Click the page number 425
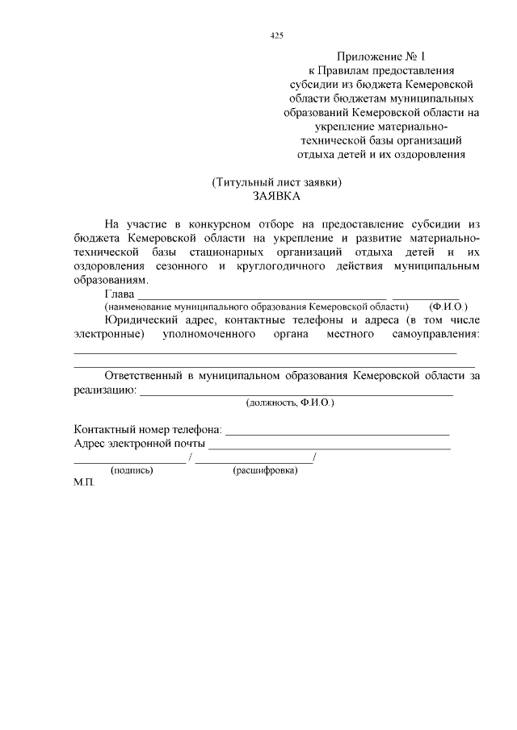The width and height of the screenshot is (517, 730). click(x=276, y=36)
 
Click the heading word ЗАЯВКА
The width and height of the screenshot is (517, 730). click(x=276, y=196)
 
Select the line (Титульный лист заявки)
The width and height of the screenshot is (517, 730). click(x=276, y=182)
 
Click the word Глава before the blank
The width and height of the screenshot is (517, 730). click(x=120, y=294)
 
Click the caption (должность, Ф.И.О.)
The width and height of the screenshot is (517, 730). click(x=290, y=402)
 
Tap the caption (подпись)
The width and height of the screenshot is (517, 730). click(x=132, y=471)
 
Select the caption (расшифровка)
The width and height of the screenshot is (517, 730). click(x=265, y=471)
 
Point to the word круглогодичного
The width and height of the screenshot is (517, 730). click(x=286, y=266)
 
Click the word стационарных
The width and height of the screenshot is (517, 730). click(x=243, y=252)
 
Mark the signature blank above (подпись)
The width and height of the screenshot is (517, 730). click(x=129, y=460)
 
